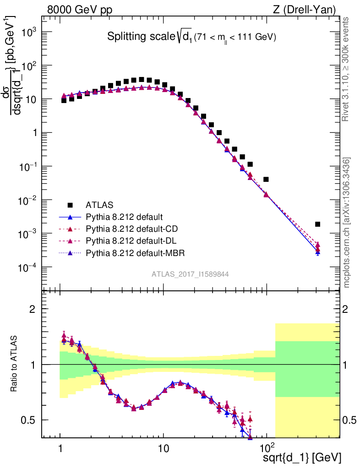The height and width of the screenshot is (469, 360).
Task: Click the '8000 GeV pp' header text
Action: [80, 10]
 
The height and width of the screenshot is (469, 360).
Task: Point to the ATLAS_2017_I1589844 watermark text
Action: [190, 274]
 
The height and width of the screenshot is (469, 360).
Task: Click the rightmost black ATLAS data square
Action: [317, 224]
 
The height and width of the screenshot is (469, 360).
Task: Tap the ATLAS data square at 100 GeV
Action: [266, 179]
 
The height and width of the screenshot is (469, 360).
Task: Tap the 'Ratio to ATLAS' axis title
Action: [15, 365]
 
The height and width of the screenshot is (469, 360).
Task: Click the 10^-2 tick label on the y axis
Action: [30, 200]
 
